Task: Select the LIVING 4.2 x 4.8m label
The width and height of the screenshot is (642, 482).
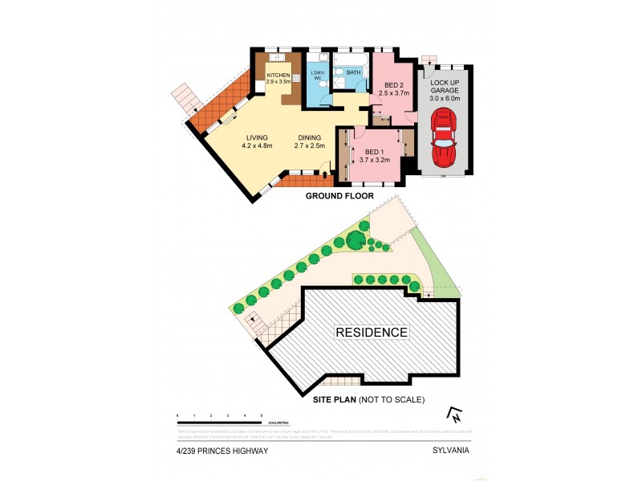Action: tap(258, 141)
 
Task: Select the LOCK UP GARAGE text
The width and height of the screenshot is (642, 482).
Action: tap(445, 76)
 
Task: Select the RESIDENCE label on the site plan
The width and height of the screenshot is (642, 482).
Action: tap(372, 332)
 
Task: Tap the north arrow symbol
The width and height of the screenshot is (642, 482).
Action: tap(454, 415)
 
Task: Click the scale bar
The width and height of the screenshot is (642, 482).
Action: tap(221, 422)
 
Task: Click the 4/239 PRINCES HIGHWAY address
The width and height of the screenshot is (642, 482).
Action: tap(222, 451)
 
